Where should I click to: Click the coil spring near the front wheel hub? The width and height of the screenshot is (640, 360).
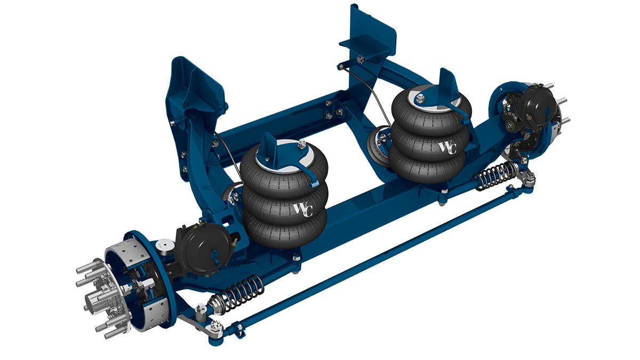(239, 294)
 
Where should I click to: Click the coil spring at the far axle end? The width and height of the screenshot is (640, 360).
(494, 174)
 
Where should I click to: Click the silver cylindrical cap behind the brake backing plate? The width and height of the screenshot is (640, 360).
(165, 246)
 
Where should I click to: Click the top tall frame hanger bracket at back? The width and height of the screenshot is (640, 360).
(373, 32)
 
